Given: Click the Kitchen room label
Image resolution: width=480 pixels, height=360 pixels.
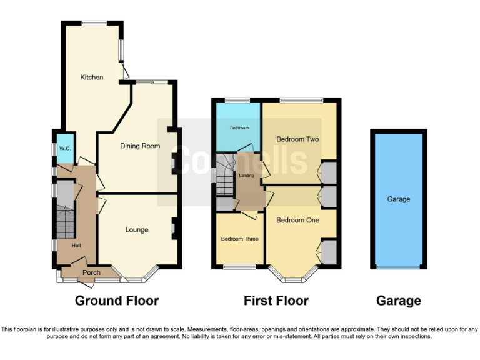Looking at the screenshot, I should [91, 77].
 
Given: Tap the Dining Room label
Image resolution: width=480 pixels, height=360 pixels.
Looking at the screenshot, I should [140, 146].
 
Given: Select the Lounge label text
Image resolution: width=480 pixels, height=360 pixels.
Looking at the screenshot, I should [137, 230].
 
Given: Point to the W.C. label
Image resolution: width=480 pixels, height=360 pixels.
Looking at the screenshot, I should [65, 149].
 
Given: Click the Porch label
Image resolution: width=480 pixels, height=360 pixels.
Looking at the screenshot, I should [91, 272].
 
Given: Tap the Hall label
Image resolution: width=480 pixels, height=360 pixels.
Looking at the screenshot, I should [76, 246].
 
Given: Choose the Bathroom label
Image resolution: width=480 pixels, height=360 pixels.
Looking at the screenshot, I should [239, 128].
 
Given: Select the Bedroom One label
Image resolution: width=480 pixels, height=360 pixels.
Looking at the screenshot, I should [297, 221].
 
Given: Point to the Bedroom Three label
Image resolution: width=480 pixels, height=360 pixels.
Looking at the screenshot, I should [239, 239].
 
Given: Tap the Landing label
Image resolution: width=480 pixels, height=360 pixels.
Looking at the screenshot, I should [246, 176].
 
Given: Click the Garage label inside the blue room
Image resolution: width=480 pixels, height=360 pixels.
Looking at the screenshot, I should [398, 199].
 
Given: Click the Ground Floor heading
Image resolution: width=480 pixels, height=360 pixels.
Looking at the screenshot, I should [117, 301].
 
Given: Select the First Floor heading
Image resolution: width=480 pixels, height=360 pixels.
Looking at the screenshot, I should [276, 301].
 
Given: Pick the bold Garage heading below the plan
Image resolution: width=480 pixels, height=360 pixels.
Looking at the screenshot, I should [398, 301].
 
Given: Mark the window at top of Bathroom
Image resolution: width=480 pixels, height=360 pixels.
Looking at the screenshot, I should [237, 100].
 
